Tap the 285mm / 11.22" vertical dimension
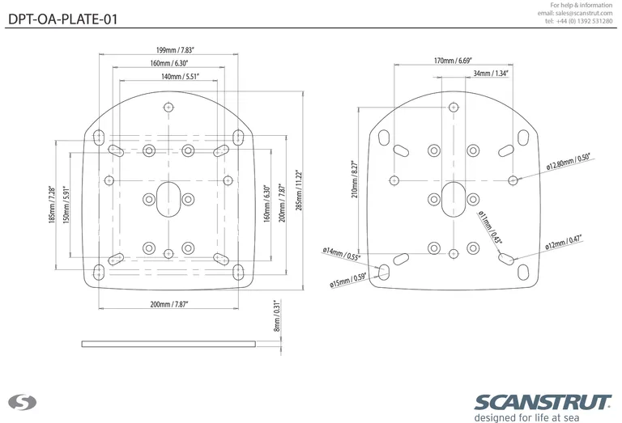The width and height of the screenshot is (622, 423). coord(298,188)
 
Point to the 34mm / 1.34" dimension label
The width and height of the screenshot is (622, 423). coord(491,74)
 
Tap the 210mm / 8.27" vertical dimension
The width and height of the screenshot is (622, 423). coord(353,180)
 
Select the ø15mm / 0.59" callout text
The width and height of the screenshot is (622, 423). coord(348,280)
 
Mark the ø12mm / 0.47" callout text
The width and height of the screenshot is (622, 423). coord(564,242)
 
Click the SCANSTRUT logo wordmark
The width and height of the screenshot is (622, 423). coord(543,402)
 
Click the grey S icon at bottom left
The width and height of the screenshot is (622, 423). coord(18,403)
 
